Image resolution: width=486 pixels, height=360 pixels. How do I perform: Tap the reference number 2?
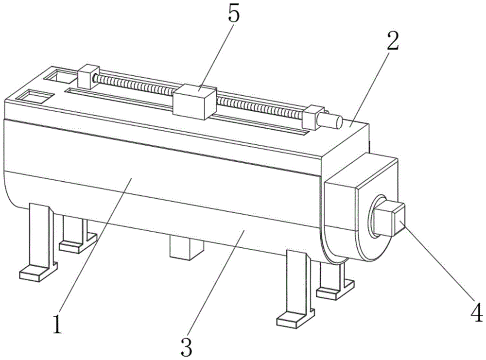(x=392, y=41)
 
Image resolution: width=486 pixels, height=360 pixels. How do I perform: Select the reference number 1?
(x=57, y=324)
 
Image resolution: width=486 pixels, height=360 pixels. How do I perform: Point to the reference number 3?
(x=187, y=347)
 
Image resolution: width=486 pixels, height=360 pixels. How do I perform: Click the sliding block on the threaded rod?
(x=194, y=102)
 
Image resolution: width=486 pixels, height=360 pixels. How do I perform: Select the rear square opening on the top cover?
(x=60, y=76)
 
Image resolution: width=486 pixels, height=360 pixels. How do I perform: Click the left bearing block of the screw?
(x=88, y=77)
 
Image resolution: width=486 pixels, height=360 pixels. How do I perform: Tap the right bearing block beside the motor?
(x=313, y=117)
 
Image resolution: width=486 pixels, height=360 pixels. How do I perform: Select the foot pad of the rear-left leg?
(x=77, y=243)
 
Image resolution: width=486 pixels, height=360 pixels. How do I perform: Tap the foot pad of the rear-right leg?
(x=335, y=290)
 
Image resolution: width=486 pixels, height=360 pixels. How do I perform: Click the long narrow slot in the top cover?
(x=188, y=112)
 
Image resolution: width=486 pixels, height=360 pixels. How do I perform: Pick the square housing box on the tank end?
(x=361, y=208)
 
